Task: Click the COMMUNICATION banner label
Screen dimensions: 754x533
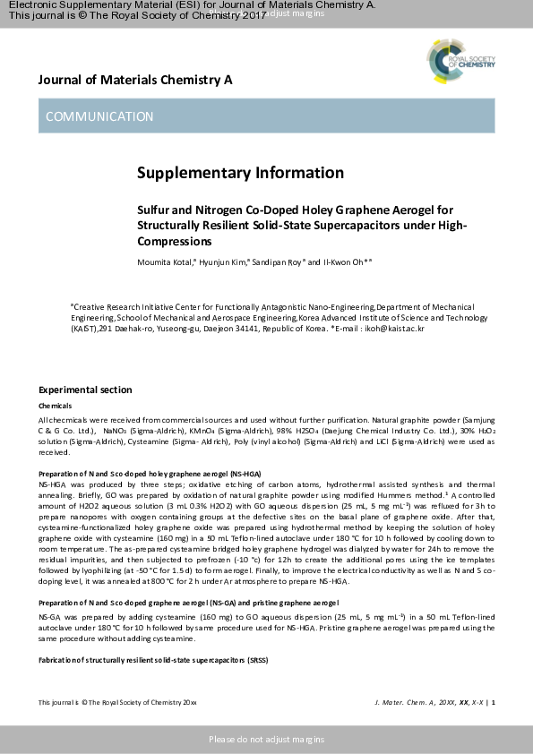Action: tap(99, 116)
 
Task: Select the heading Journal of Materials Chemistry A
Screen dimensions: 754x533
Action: tap(135, 80)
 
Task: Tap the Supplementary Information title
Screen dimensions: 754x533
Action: tap(240, 172)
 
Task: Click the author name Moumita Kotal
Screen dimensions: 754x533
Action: tap(163, 261)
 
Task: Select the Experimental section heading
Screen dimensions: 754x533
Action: tap(85, 390)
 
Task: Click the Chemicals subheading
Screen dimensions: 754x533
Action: tap(55, 406)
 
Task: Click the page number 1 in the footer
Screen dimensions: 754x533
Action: tap(492, 702)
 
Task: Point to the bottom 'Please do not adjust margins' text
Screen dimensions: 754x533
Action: tap(266, 739)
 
